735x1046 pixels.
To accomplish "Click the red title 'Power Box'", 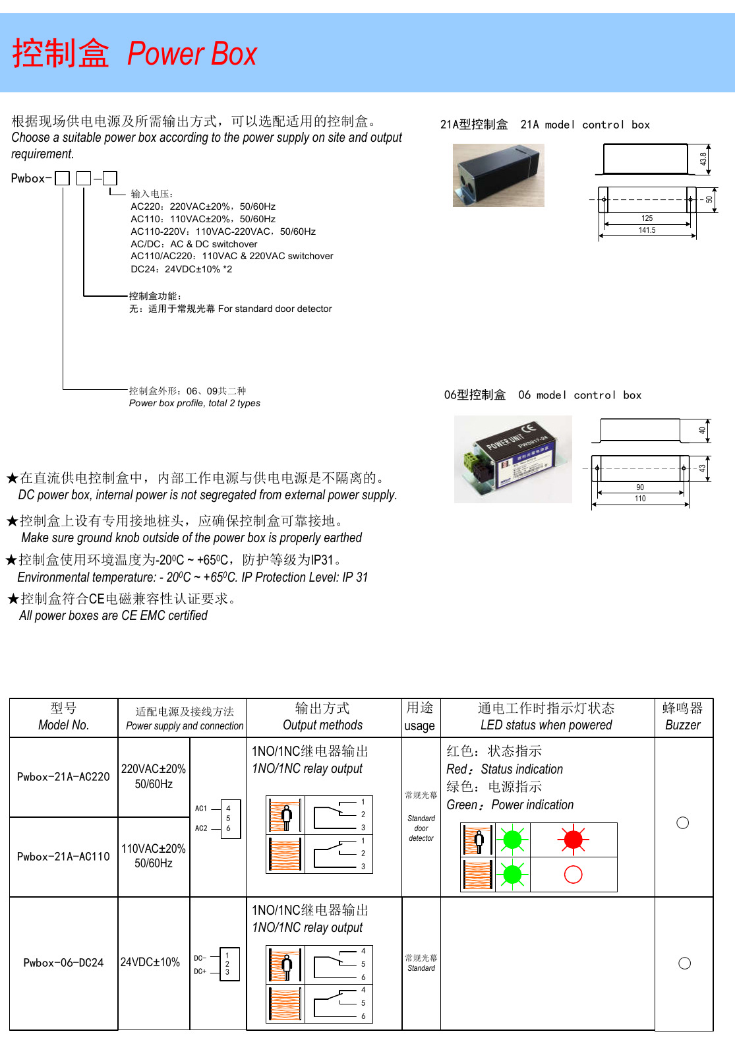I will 191,54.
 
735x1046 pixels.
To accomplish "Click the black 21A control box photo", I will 498,175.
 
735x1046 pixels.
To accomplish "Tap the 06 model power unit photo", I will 513,459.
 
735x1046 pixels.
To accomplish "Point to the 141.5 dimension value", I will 647,230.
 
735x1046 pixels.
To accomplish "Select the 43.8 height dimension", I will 703,159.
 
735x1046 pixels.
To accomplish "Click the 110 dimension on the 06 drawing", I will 640,499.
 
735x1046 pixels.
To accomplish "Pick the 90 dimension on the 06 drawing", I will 640,487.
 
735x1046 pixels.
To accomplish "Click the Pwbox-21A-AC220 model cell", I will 63,777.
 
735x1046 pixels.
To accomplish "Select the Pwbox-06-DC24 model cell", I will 63,963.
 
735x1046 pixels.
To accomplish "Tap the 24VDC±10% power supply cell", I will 150,962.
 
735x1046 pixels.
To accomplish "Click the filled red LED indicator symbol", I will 573,840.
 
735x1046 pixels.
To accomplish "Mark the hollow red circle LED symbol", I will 573,875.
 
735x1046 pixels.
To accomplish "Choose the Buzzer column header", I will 683,717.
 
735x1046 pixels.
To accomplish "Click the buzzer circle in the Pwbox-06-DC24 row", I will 684,964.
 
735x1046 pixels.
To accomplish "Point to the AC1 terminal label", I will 201,809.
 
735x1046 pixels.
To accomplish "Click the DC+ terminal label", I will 200,971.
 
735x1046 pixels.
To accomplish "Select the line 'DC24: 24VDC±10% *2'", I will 181,269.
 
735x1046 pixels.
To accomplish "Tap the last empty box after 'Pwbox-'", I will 110,178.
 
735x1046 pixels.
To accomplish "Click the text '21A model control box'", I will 585,125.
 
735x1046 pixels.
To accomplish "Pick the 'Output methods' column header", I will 322,725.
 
